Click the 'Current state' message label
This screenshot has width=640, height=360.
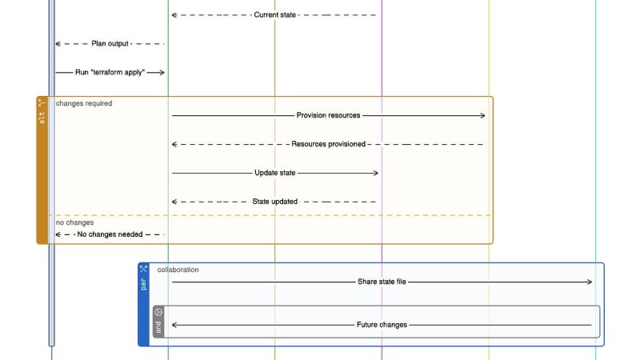[x=274, y=15]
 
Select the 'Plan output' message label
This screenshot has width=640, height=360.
[x=110, y=44]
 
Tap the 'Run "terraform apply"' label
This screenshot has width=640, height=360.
[x=110, y=72]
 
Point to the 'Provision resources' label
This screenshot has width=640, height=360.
[x=328, y=115]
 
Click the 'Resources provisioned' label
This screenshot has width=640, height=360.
[x=328, y=144]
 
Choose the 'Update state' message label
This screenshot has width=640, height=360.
[x=274, y=173]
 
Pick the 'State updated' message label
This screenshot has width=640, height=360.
[x=274, y=202]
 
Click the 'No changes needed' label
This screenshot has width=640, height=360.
[x=110, y=234]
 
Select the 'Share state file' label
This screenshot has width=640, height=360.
[x=382, y=282]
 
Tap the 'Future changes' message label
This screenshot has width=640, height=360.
[x=382, y=325]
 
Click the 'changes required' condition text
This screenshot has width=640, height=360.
[x=84, y=104]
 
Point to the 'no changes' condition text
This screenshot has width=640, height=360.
[x=74, y=222]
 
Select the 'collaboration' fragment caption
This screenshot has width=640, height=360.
[x=178, y=270]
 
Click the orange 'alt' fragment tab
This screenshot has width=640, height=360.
[x=42, y=170]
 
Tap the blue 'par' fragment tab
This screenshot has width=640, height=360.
[x=144, y=305]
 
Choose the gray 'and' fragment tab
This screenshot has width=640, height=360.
[x=158, y=322]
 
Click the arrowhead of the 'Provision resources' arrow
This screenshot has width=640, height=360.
[x=483, y=115]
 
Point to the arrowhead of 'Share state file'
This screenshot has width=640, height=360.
[x=590, y=282]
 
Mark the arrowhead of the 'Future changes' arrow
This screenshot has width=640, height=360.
[x=174, y=325]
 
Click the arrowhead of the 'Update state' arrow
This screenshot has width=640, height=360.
[x=376, y=173]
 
